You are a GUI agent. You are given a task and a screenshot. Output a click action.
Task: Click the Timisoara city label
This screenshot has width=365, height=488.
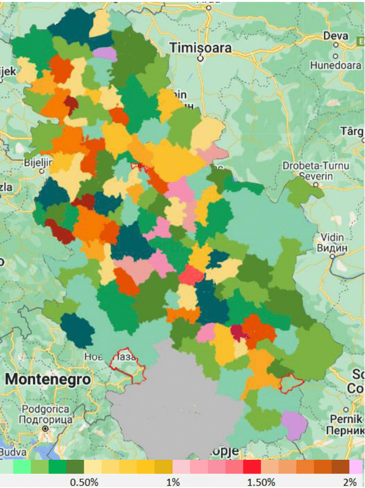pos(200,48)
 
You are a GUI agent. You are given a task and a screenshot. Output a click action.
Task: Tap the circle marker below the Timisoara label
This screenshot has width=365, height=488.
pos(201,59)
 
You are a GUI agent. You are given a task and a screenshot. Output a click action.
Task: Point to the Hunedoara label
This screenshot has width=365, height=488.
pos(336,66)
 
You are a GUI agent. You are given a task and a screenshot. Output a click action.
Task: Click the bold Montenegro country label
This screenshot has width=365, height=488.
pos(48,379)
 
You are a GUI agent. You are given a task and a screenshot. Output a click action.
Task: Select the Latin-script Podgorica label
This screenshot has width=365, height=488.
pos(44,410)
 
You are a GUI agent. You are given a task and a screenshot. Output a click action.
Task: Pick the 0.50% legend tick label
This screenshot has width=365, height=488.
pos(84,482)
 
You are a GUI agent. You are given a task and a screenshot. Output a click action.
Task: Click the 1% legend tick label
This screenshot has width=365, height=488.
pos(173,482)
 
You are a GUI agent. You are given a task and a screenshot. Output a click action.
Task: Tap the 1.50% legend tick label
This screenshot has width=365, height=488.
pos(261,482)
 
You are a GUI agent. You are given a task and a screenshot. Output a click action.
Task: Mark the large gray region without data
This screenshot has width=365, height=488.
pos(177,407)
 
